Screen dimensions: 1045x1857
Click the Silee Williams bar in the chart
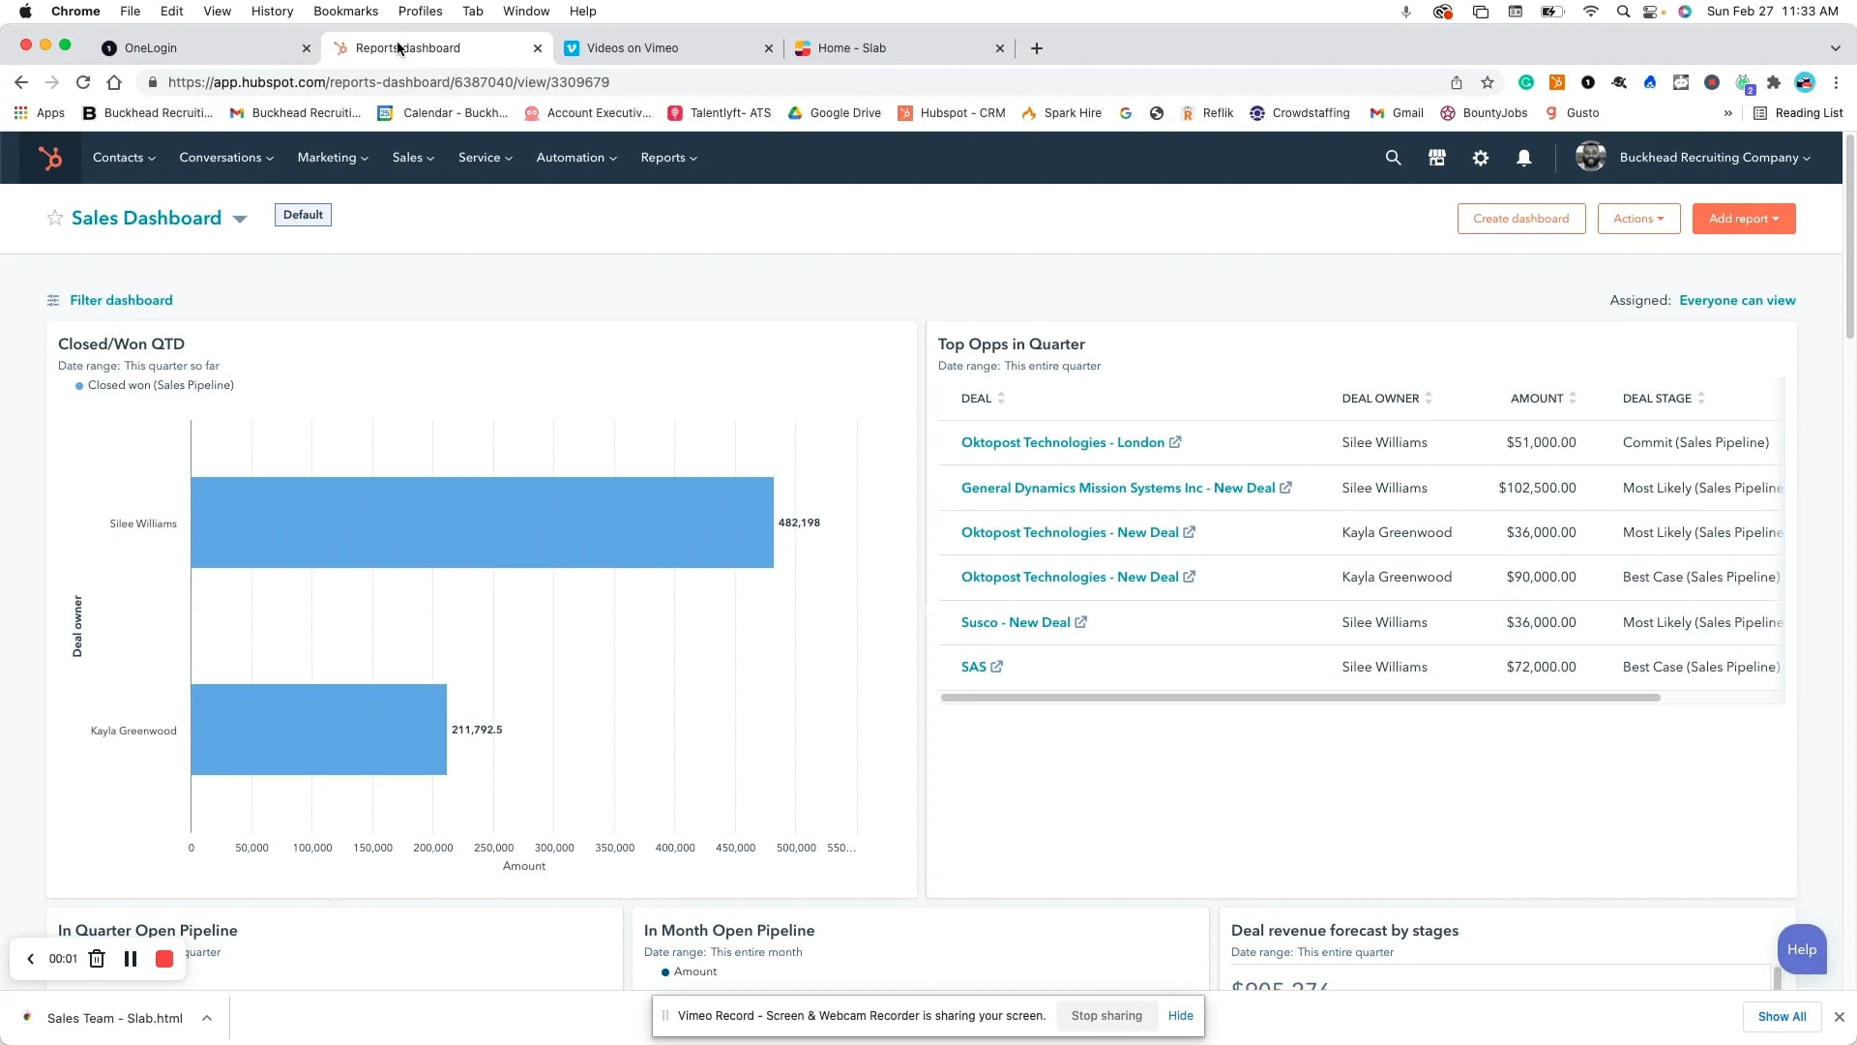point(482,522)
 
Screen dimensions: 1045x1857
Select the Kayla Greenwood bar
point(318,730)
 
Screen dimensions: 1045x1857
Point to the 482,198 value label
point(799,522)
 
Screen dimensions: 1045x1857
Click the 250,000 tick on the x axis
point(493,848)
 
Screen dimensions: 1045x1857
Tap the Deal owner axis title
point(77,626)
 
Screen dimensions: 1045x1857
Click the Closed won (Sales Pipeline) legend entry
point(161,385)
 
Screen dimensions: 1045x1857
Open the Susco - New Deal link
point(1016,622)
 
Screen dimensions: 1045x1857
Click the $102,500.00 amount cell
point(1537,488)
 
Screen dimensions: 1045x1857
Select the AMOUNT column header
point(1537,399)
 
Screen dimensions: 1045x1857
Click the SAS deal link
point(974,667)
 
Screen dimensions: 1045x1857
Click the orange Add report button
point(1743,219)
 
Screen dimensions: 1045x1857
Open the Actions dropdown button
point(1638,219)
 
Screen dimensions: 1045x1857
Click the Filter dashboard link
point(121,300)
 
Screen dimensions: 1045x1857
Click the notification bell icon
point(1523,158)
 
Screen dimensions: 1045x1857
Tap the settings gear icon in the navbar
point(1480,158)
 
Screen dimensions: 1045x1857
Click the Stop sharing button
point(1106,1016)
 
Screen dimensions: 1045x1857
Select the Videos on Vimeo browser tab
point(633,48)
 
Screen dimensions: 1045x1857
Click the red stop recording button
point(164,959)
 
